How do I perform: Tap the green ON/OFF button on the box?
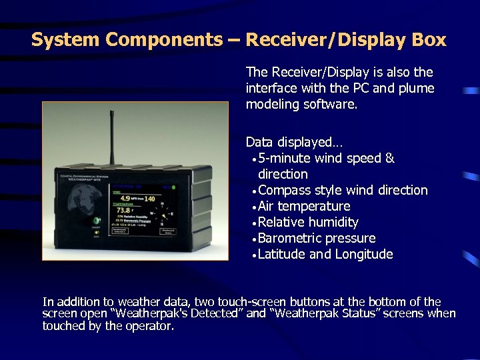pyautogui.click(x=96, y=221)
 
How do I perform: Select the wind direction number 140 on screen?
pyautogui.click(x=150, y=199)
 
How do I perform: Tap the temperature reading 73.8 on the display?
pyautogui.click(x=122, y=210)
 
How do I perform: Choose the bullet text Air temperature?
pyautogui.click(x=303, y=206)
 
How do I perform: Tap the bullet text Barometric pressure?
pyautogui.click(x=316, y=238)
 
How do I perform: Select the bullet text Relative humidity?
pyautogui.click(x=307, y=222)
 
